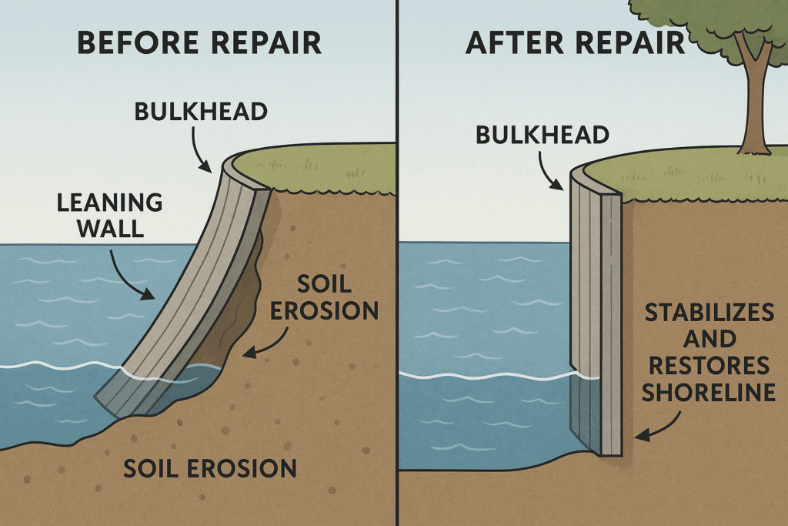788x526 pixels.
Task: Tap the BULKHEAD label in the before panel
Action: point(201,112)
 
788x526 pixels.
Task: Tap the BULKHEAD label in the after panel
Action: point(543,136)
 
